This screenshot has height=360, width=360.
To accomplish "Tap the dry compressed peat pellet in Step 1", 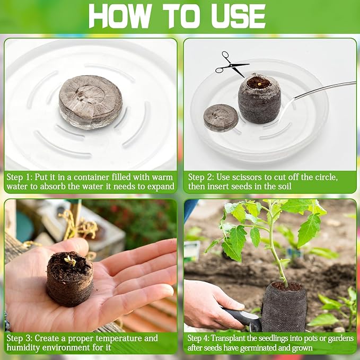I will (x=90, y=102).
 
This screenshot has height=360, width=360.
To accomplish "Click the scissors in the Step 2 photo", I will (x=231, y=64).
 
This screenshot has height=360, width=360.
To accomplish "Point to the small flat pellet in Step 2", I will (x=221, y=117).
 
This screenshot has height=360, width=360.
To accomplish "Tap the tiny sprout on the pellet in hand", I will (x=69, y=260).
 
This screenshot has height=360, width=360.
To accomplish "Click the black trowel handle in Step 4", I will (x=241, y=318).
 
